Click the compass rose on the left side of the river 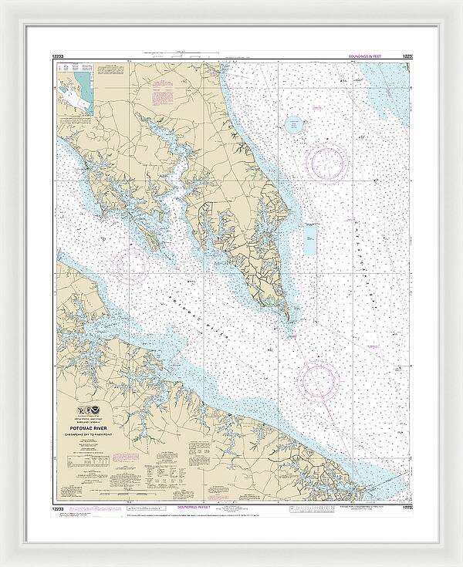[x=131, y=265]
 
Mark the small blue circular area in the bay [x=294, y=124]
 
